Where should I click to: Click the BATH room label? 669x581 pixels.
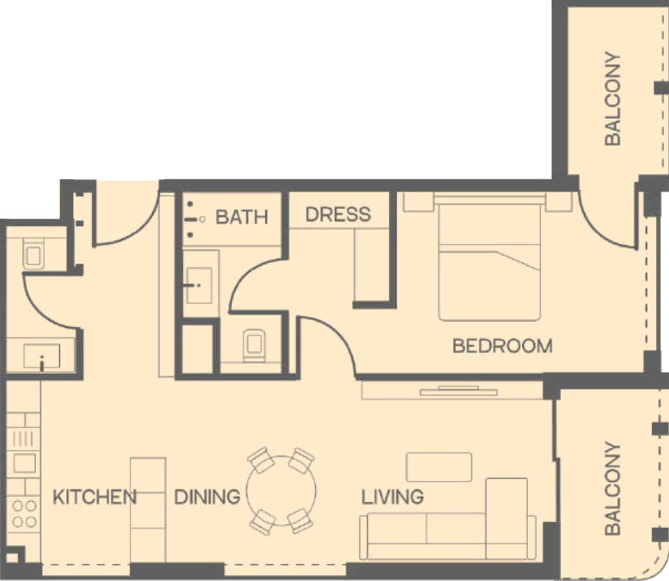tap(241, 217)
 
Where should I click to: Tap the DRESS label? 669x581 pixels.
tap(338, 214)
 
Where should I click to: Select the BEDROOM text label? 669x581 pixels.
tap(502, 346)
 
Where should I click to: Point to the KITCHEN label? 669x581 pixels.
tap(94, 497)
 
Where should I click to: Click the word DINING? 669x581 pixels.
tap(207, 497)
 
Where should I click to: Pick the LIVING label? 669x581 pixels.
tap(392, 497)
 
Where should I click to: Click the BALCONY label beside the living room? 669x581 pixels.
tap(613, 488)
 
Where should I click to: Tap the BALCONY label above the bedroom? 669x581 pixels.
tap(613, 99)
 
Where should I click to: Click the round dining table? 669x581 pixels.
tap(282, 490)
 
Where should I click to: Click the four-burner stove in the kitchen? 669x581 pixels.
tap(24, 513)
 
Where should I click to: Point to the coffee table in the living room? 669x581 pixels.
tap(439, 467)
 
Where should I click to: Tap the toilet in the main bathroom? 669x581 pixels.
tap(254, 346)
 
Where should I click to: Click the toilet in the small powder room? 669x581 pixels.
tap(33, 253)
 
